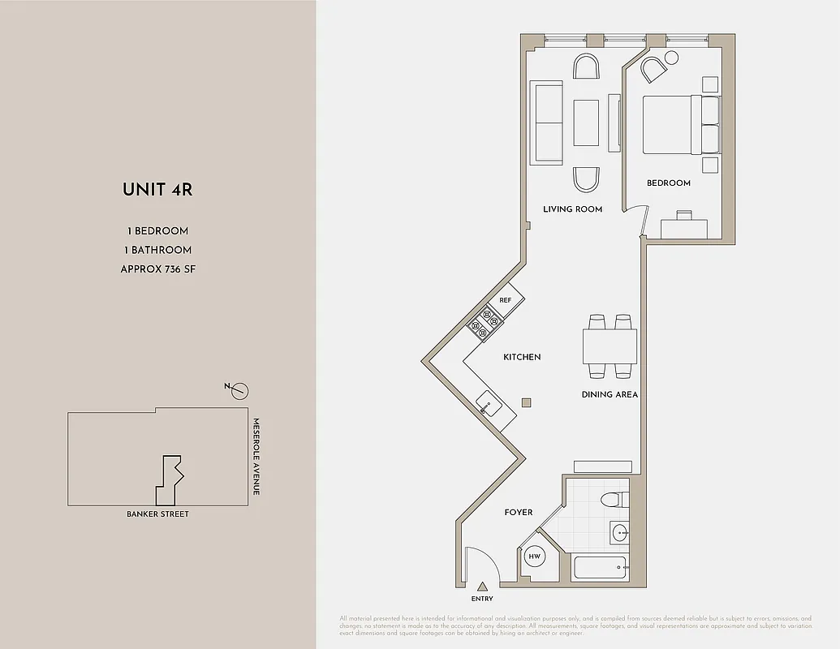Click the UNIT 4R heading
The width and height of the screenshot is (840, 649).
157,190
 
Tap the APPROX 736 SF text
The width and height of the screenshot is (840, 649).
157,269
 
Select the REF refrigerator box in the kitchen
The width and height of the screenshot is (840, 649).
506,300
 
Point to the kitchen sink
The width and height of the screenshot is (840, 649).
489,402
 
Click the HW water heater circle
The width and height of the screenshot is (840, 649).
534,557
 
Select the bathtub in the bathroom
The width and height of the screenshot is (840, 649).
601,568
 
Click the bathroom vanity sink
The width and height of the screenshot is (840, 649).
619,533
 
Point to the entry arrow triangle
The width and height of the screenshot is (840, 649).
482,586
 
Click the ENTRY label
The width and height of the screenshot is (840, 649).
482,599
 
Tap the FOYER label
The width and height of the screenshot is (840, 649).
519,512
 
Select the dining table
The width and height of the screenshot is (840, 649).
610,346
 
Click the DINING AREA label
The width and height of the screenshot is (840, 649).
610,395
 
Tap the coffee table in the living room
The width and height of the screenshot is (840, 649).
586,122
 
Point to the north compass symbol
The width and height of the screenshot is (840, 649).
239,391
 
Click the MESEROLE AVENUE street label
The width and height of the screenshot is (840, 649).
255,457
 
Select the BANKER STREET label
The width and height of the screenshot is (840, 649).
157,514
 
